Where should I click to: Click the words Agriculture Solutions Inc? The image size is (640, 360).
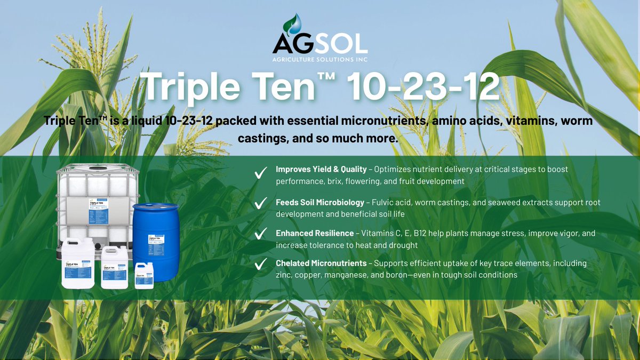[320, 59]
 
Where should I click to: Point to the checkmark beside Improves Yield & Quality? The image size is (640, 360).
[261, 173]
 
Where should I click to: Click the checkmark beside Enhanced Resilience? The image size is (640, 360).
[261, 235]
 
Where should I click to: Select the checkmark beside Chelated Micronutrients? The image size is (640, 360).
[261, 265]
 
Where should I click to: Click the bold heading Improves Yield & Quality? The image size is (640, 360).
[321, 169]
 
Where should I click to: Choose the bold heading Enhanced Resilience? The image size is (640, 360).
[315, 233]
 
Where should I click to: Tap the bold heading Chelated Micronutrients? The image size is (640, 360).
[321, 263]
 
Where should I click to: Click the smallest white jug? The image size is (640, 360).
[144, 276]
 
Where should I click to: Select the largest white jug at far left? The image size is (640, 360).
[78, 264]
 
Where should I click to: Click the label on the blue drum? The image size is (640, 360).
[156, 246]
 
